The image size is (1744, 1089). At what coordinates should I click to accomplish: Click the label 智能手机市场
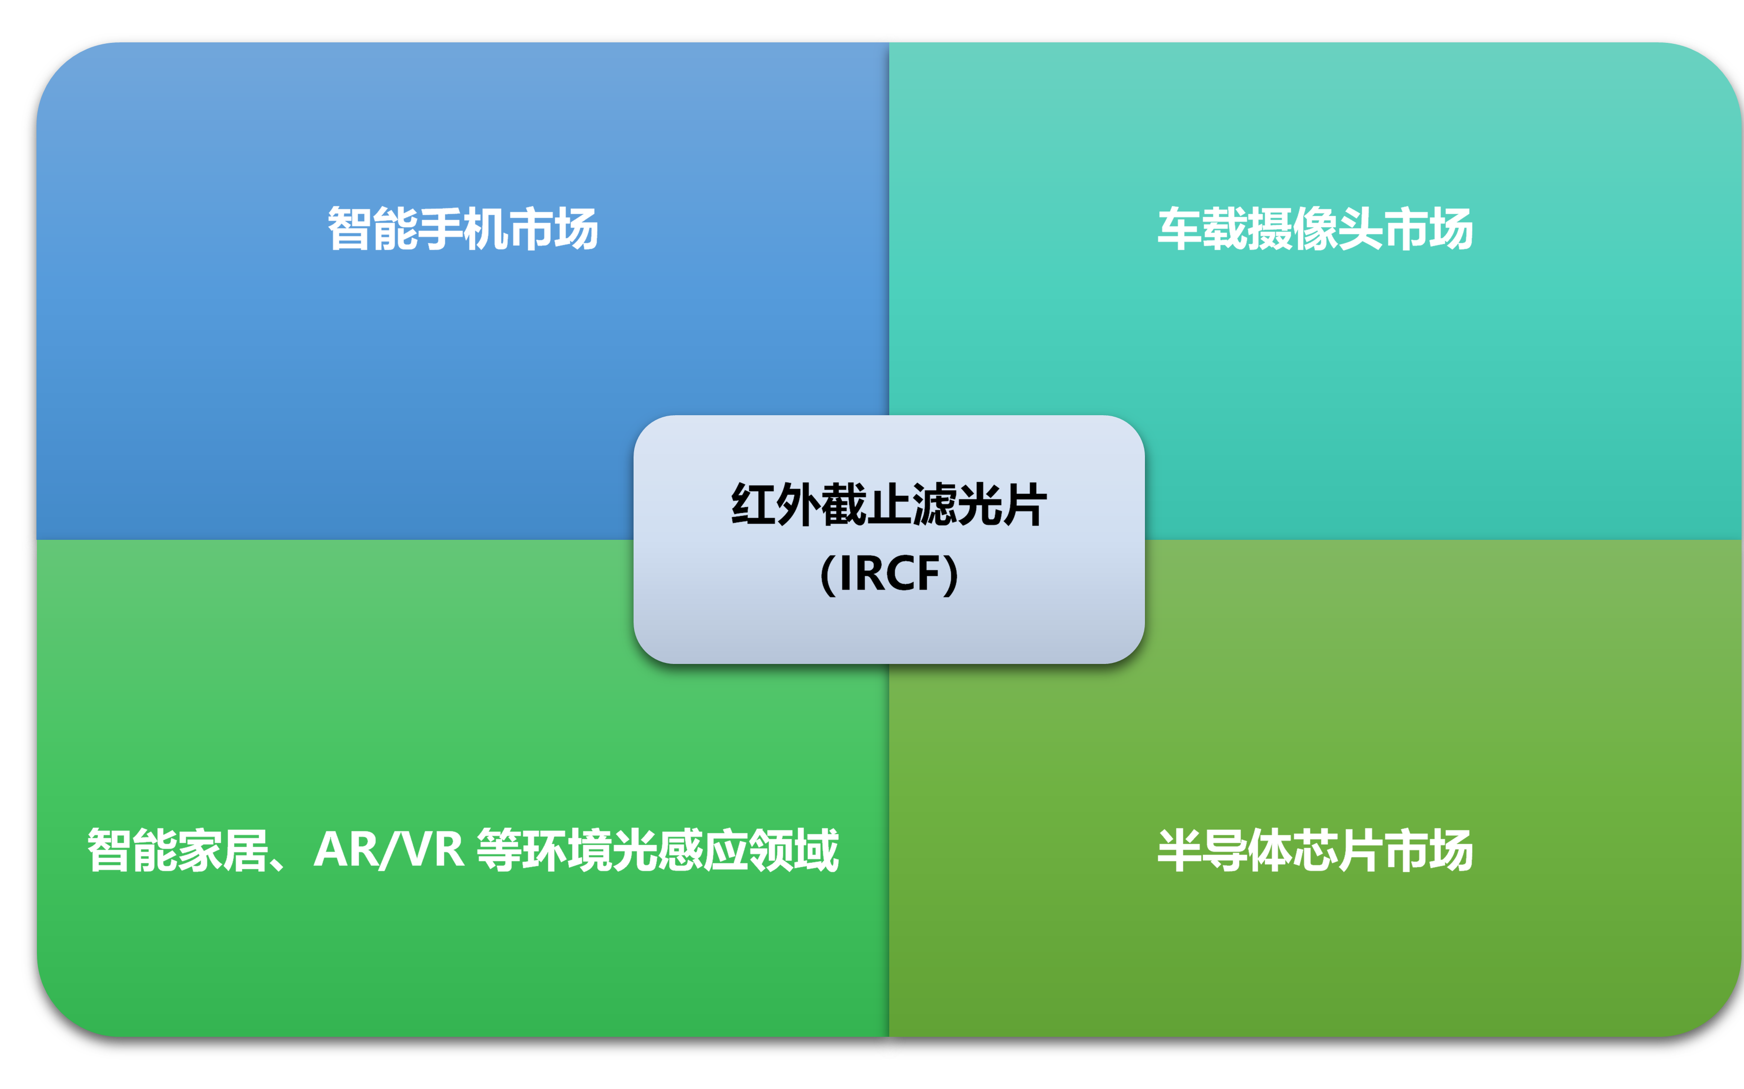463,229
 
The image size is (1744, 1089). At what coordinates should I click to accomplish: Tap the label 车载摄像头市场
1315,229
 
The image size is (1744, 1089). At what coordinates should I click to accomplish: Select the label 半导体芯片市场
1315,851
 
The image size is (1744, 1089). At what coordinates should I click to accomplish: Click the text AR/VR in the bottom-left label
389,851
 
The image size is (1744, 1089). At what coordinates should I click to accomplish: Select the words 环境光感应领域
681,851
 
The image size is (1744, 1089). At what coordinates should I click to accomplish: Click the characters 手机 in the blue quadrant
463,229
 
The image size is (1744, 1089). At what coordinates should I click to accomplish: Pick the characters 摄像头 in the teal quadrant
1315,229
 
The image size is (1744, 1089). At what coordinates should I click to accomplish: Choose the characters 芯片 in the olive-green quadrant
1338,851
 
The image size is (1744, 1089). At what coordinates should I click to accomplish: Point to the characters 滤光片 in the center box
980,505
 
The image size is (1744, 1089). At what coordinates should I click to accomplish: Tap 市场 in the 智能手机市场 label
553,229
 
